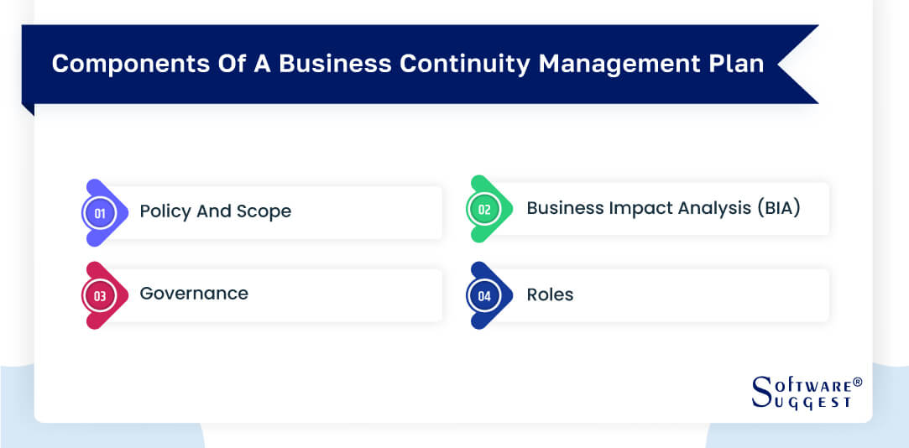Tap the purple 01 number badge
(100, 213)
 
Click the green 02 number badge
(484, 210)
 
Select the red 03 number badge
(100, 295)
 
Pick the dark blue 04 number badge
(484, 295)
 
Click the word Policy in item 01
(165, 211)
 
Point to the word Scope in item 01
(263, 211)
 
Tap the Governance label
(194, 294)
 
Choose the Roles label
(550, 294)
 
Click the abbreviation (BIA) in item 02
(776, 208)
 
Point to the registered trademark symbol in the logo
(857, 383)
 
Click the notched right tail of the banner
(802, 65)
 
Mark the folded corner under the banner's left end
(28, 109)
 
